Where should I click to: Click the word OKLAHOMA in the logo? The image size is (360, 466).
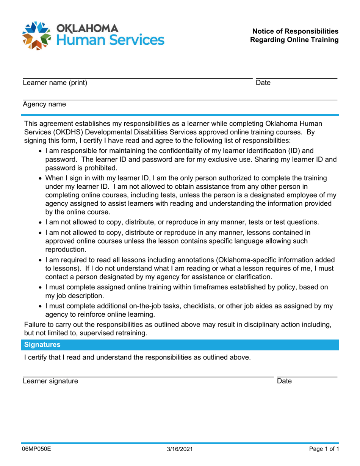click(87, 28)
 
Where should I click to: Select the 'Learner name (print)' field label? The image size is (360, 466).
click(55, 83)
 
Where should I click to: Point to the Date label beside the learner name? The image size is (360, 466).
click(263, 83)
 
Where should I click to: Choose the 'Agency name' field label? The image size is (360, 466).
click(44, 104)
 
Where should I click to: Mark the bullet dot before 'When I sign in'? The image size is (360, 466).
click(41, 178)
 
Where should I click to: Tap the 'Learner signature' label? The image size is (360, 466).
click(51, 382)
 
